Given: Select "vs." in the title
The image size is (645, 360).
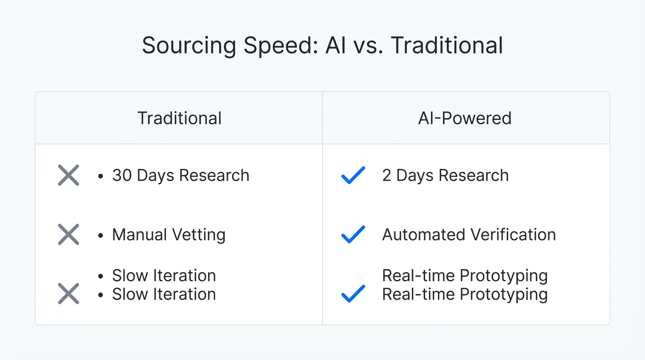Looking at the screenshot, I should point(370,46).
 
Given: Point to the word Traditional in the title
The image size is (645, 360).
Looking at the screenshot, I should point(447,46).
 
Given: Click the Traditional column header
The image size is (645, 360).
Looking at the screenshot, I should point(180,118).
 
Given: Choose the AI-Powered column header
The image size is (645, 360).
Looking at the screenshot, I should point(465,118).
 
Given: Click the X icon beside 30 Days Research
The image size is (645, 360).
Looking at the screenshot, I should point(68,175).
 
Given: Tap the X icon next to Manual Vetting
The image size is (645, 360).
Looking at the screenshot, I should point(68,234).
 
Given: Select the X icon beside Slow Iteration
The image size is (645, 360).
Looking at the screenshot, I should point(68,294).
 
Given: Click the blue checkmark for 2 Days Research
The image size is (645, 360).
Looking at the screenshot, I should point(353,175).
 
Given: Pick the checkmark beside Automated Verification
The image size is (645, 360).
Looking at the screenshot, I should point(353,234).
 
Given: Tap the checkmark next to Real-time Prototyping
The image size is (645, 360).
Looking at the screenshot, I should point(353,294).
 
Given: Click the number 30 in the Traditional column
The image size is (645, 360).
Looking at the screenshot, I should point(121,175).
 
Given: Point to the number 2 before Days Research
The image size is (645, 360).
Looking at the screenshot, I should point(387,175).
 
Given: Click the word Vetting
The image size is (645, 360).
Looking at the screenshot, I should point(197,234).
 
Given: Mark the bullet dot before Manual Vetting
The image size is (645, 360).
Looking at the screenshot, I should point(100,235).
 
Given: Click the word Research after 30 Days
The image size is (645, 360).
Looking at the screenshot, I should point(214,175).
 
